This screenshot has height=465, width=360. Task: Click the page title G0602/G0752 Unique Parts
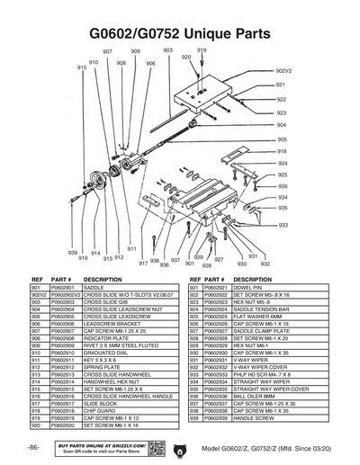[180, 34]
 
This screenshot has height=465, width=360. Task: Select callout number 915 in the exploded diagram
[81, 68]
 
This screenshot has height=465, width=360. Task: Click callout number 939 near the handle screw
[73, 252]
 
